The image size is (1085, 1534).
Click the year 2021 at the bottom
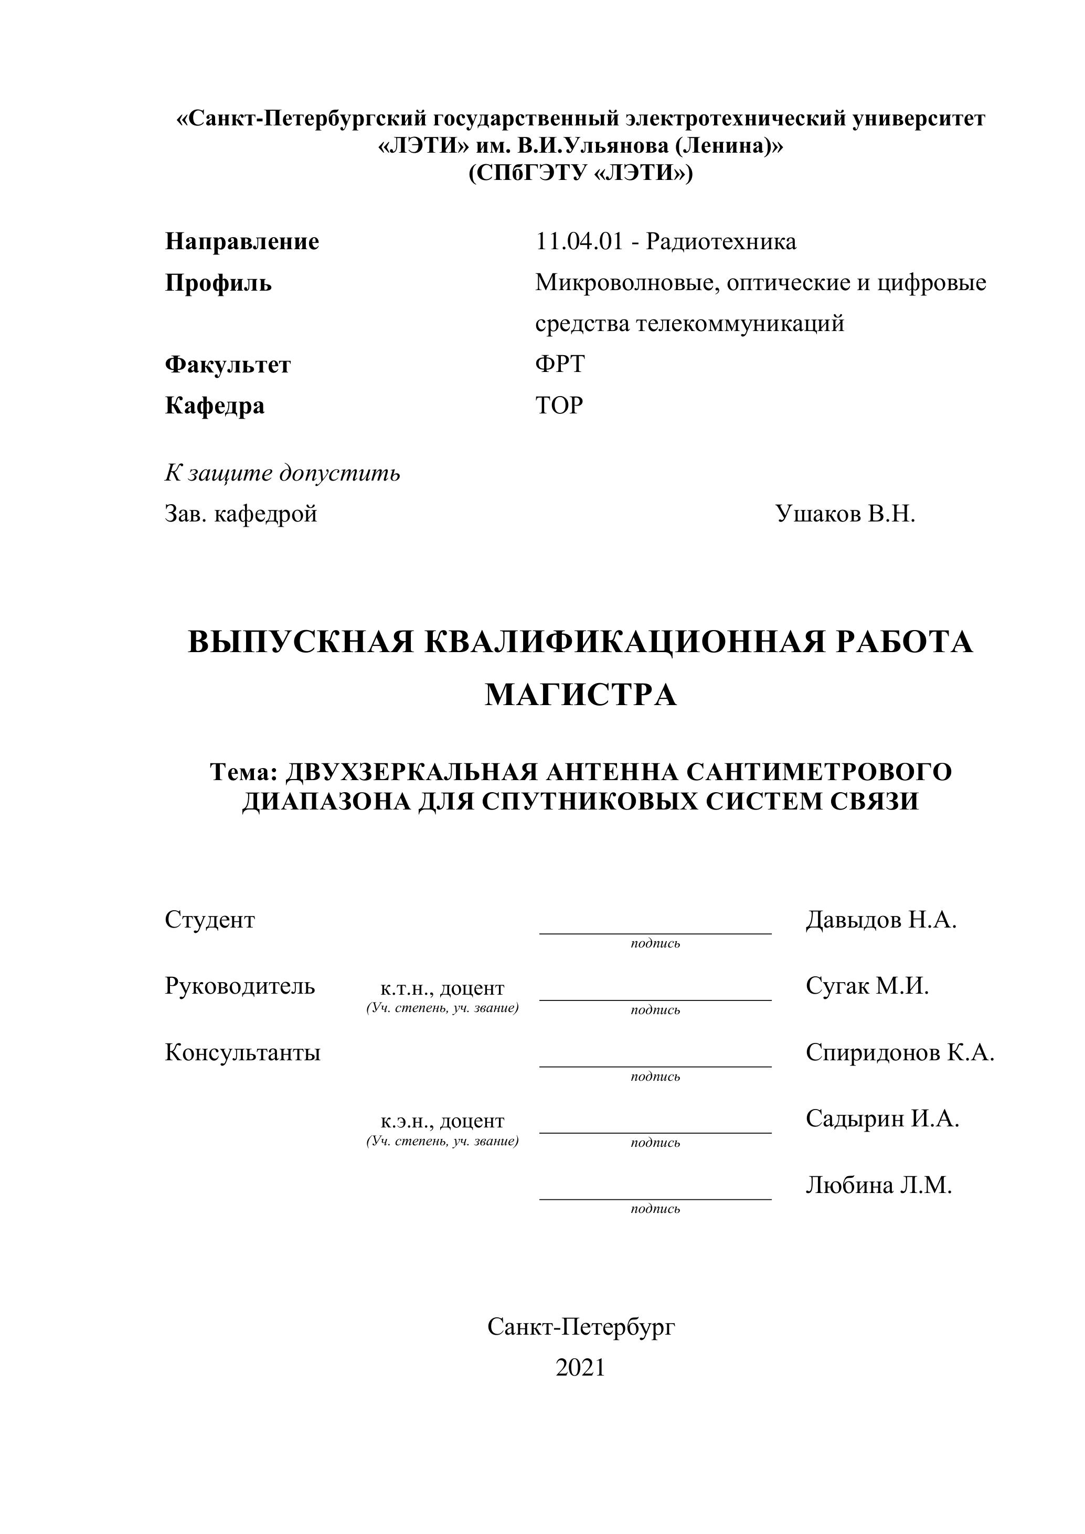click(580, 1368)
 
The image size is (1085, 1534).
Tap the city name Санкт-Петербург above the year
click(581, 1326)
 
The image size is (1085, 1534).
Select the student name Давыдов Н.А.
click(880, 920)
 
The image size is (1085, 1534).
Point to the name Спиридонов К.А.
click(899, 1052)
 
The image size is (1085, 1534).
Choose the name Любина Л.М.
click(878, 1185)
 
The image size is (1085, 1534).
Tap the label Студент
click(210, 920)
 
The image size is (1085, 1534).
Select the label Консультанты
click(242, 1052)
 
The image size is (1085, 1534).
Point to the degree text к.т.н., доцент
click(442, 988)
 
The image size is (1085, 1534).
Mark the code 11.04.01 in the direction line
click(579, 241)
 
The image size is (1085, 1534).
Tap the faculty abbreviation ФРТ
click(560, 364)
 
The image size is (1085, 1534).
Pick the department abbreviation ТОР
click(559, 405)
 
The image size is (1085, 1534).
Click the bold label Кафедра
click(215, 406)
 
